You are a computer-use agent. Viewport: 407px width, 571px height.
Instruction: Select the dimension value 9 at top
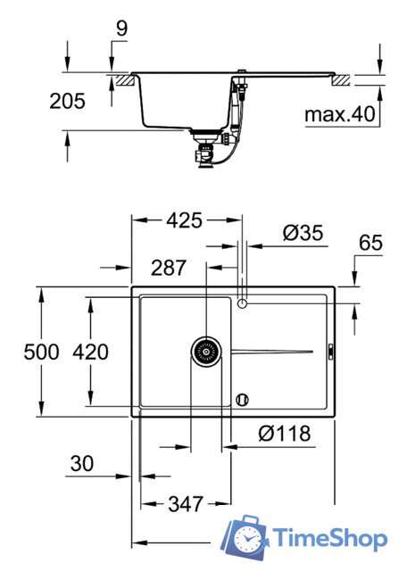120,29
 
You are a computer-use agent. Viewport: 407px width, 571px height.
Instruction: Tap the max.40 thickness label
337,115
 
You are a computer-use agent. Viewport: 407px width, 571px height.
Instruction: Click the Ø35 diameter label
301,233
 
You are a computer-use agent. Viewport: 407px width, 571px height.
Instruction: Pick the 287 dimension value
168,267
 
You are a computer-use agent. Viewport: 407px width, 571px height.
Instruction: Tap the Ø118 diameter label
284,434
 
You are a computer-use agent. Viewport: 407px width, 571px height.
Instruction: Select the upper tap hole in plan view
243,304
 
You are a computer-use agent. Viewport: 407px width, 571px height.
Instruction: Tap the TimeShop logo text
330,539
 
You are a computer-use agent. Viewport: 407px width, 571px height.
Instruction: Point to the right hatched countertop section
341,80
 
